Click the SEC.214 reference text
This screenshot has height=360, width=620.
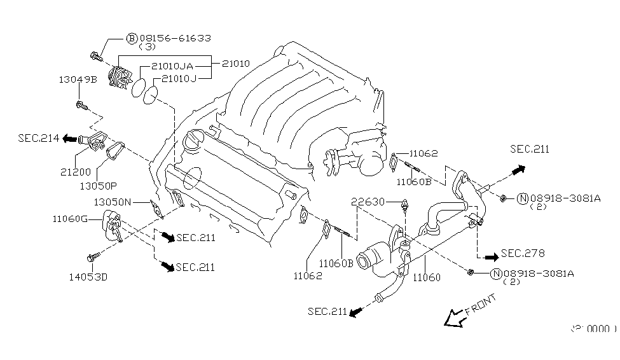[x=39, y=138]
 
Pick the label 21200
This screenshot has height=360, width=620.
[x=76, y=172]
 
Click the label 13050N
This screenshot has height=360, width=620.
[x=113, y=202]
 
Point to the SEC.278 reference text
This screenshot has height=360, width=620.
[x=523, y=253]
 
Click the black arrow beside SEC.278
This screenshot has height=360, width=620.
[x=490, y=257]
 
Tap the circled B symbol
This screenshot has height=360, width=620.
[x=132, y=38]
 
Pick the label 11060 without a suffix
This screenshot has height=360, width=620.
[x=427, y=277]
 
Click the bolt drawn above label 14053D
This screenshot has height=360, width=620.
[x=96, y=257]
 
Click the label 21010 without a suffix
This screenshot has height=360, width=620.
[x=235, y=64]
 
